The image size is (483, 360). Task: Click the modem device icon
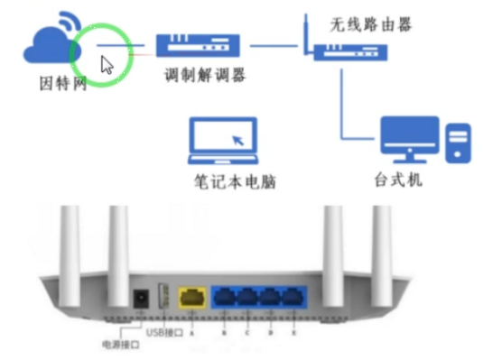pos(196,44)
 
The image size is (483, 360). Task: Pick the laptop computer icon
pos(222,142)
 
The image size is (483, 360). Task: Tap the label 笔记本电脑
pos(234,180)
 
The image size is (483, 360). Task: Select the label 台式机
pos(398,179)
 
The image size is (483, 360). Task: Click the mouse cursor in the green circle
pos(107,65)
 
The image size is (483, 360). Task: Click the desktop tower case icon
pos(460,143)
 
